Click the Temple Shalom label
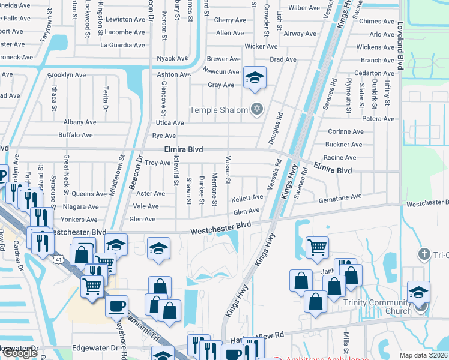click(218, 110)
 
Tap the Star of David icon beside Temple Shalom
click(257, 109)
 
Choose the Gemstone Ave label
click(340, 197)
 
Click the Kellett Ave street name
click(247, 197)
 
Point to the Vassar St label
click(228, 171)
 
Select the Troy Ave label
click(158, 163)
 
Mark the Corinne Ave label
click(346, 131)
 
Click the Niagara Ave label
click(81, 206)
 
